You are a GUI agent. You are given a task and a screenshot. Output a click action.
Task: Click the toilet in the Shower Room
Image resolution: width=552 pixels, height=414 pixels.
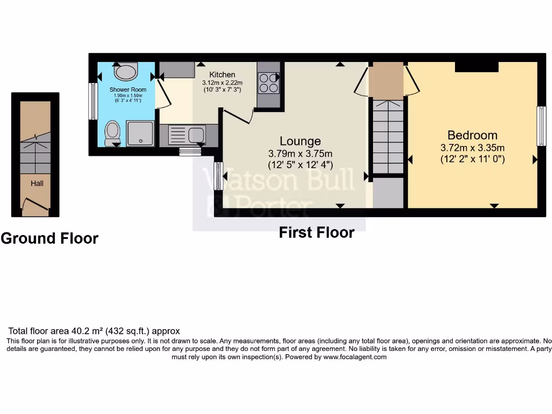(113, 132)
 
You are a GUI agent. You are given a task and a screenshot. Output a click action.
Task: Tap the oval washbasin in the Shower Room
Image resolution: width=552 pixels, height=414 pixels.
(127, 71)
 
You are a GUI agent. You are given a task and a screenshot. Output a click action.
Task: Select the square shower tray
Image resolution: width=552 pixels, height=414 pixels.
(140, 133)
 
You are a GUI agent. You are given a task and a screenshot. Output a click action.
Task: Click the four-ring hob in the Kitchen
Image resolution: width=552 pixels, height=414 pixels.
(268, 82)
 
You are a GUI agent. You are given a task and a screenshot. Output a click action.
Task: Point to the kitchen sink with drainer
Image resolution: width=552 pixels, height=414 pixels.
(187, 135)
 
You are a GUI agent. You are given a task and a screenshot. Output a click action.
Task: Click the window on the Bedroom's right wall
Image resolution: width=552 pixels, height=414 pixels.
(541, 126)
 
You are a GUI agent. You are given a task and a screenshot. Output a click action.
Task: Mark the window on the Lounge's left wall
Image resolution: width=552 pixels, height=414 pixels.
(218, 176)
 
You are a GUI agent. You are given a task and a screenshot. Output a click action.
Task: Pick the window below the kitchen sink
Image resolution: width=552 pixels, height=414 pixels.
(190, 152)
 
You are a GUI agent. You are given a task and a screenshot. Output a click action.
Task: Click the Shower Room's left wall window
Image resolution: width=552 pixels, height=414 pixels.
(93, 101)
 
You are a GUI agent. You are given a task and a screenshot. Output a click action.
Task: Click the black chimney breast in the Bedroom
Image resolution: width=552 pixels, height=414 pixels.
(477, 66)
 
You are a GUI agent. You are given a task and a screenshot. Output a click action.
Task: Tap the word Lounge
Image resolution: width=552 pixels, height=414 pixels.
(300, 141)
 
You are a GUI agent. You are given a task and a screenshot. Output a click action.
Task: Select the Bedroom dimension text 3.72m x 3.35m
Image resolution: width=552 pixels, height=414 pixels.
(472, 148)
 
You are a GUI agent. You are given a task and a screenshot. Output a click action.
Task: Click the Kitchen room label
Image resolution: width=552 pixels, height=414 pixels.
(222, 74)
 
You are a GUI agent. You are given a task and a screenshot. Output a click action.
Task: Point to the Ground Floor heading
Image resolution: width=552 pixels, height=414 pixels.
(50, 238)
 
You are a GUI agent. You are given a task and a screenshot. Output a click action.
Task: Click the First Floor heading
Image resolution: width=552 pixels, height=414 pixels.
(316, 232)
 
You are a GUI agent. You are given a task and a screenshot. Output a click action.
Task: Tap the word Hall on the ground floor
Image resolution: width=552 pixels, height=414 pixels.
(37, 183)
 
